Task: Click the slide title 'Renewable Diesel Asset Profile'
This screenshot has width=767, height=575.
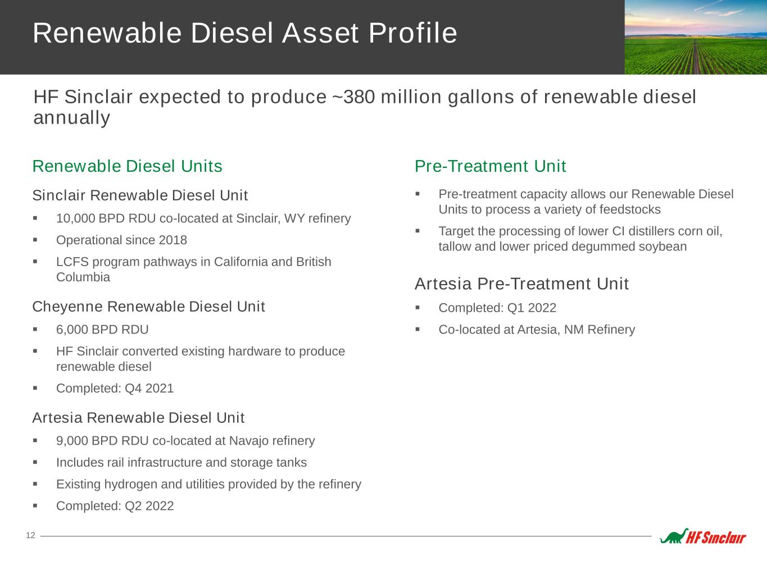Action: [x=245, y=33]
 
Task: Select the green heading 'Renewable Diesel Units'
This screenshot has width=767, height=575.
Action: [x=127, y=166]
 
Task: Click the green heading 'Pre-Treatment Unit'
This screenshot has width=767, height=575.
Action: [x=490, y=166]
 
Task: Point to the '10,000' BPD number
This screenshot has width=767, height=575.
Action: [x=75, y=218]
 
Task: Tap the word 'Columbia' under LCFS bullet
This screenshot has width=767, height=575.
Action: [x=83, y=277]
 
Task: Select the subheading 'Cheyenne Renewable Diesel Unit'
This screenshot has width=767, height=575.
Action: [x=148, y=307]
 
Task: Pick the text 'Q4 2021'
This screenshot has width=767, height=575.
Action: [x=149, y=388]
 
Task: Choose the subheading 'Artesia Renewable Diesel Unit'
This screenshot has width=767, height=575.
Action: [x=138, y=418]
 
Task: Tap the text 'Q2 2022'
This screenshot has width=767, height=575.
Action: [x=149, y=506]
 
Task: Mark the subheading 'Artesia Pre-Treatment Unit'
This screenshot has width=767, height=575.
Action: [x=521, y=284]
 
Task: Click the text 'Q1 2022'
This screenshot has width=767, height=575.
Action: [x=532, y=308]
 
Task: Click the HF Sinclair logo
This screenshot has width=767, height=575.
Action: [x=703, y=536]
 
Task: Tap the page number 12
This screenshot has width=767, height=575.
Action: [x=30, y=536]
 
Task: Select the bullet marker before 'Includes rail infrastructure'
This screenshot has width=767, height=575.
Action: [x=35, y=462]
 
